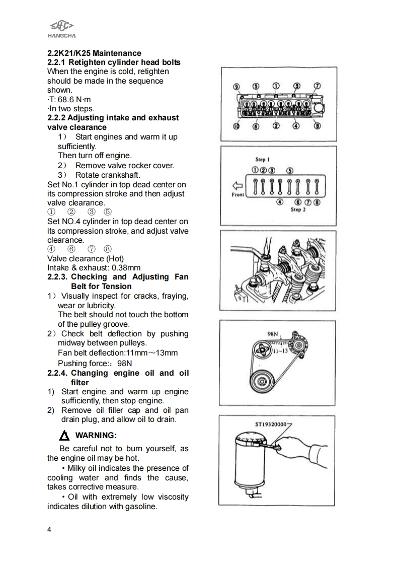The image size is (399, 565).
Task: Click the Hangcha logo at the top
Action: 61,28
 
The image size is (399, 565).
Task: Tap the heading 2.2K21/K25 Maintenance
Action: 94,53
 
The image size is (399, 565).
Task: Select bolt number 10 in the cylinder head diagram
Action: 236,126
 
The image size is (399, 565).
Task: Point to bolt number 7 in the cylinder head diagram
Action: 317,86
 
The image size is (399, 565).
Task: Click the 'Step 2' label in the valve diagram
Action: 298,209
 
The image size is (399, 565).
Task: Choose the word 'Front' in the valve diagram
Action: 238,194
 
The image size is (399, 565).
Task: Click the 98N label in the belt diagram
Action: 273,333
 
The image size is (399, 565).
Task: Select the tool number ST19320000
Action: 271,425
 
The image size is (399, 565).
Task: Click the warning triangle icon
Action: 64,436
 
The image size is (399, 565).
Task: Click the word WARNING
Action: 96,435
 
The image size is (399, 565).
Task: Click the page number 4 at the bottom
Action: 49,529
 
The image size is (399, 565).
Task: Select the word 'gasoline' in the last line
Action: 140,507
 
